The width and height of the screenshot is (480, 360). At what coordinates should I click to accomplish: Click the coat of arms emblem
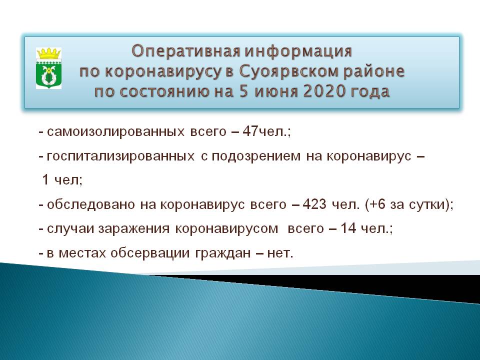click(48, 68)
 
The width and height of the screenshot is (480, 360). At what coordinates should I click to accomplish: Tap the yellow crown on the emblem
click(48, 53)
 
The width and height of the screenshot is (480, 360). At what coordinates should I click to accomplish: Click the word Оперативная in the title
click(186, 51)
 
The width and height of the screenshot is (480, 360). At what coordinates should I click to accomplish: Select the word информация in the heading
click(298, 51)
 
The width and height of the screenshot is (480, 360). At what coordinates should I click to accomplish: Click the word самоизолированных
click(115, 132)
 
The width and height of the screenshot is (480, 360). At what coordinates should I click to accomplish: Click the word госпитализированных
click(120, 156)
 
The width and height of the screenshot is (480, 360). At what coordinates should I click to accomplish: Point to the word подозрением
click(256, 156)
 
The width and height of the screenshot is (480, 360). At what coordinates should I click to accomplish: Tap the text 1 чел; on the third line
click(62, 179)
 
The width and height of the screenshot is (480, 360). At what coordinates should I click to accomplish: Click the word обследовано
click(91, 204)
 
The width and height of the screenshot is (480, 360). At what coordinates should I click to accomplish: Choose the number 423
click(314, 204)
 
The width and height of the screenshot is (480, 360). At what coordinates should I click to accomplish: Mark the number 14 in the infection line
click(348, 228)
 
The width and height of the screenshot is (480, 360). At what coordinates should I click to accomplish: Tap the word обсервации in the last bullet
click(150, 253)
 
